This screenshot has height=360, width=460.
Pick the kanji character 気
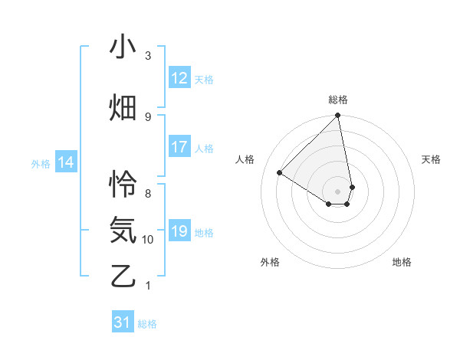coord(123,229)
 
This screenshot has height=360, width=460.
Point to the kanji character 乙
coord(123,275)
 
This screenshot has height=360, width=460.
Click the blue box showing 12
coord(179,78)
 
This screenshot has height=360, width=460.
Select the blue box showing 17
coord(179,147)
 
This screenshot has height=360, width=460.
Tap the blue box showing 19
coord(179,231)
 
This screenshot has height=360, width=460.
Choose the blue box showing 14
coord(66,162)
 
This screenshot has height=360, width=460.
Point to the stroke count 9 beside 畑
coord(148,116)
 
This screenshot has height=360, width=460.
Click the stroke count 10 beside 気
coord(148,240)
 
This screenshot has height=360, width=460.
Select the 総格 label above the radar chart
coord(338,100)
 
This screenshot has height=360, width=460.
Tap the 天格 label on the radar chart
coord(431,159)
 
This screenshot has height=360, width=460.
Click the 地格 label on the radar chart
coord(402,262)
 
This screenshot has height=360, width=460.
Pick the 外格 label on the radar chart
coord(270,262)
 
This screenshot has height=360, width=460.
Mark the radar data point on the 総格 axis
coord(338,116)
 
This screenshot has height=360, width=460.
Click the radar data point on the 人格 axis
coord(280,172)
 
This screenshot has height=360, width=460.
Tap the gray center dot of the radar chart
coord(338,191)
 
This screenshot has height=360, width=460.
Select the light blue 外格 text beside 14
coord(41,163)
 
